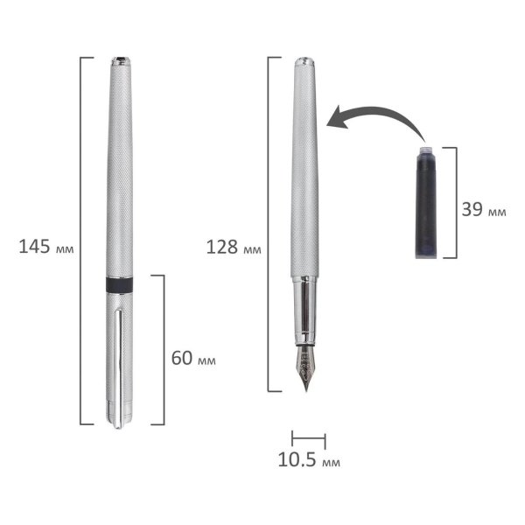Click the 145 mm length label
45,247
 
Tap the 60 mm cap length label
193,358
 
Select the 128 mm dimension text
234,248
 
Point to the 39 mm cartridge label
484,209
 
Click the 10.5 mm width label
309,459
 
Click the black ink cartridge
426,202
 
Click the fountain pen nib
305,367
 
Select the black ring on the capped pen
119,284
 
